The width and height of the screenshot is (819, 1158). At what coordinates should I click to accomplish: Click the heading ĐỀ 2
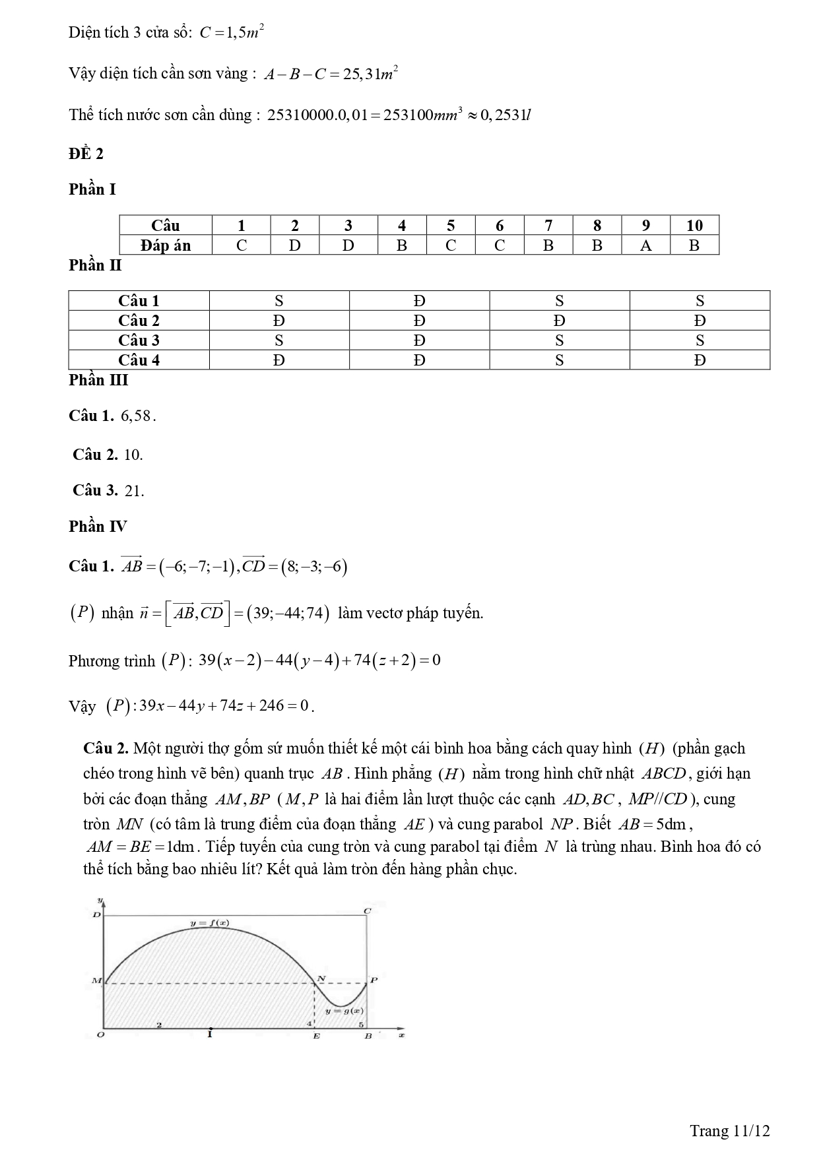click(86, 154)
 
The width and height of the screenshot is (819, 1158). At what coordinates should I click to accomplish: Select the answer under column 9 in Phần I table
click(645, 245)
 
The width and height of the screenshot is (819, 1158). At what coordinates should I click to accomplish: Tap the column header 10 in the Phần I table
click(694, 225)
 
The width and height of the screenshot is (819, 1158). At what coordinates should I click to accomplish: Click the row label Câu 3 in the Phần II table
click(139, 340)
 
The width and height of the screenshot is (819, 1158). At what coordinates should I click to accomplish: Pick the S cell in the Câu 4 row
click(559, 360)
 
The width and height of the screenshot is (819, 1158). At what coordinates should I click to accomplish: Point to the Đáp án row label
click(166, 245)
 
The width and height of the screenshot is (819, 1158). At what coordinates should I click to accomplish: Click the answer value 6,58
click(137, 416)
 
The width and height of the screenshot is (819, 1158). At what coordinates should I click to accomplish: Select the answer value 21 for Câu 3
click(133, 491)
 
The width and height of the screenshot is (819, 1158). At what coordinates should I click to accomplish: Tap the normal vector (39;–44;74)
click(288, 613)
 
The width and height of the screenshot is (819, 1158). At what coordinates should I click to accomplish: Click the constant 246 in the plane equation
click(271, 706)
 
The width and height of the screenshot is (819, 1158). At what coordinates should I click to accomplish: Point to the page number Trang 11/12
click(730, 1131)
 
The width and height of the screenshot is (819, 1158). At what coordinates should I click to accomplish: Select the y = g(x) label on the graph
click(344, 1010)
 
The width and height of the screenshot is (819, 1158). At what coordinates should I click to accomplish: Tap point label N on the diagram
click(321, 978)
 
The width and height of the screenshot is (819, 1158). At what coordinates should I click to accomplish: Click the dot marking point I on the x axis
click(210, 1028)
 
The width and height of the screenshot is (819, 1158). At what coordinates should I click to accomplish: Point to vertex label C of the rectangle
click(367, 911)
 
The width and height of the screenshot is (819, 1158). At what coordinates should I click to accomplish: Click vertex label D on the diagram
click(96, 915)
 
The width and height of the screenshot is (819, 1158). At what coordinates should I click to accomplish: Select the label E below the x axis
click(316, 1037)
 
